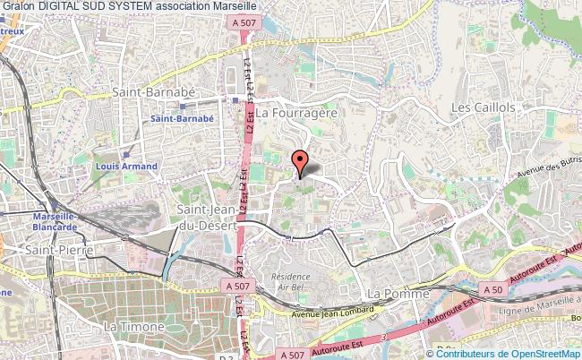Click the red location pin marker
[x=302, y=162]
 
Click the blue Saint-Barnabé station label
[x=183, y=118]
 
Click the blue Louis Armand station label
[x=126, y=166]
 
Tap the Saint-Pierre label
[x=53, y=251]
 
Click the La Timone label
[x=133, y=327]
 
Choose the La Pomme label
[x=397, y=294]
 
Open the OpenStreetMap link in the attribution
[x=527, y=354]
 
